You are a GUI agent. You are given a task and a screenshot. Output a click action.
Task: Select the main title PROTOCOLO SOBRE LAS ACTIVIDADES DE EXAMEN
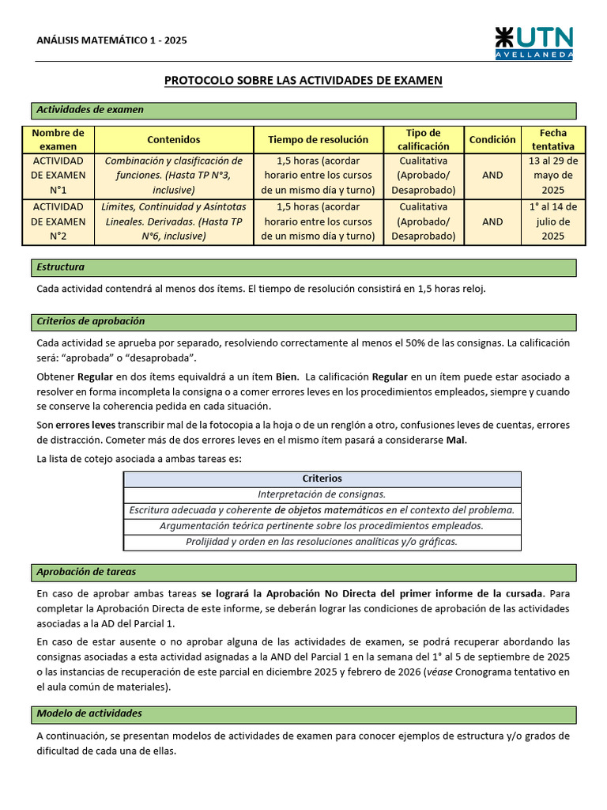(303, 81)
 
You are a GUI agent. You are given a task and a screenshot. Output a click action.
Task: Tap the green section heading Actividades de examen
(90, 110)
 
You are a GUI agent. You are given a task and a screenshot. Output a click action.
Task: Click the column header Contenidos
(173, 140)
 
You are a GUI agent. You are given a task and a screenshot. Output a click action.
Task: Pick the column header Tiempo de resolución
(318, 140)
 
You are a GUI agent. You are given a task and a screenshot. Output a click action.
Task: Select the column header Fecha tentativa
(553, 140)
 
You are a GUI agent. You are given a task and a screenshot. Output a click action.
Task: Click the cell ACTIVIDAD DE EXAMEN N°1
(58, 176)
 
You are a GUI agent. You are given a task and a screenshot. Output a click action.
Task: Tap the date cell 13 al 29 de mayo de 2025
(553, 176)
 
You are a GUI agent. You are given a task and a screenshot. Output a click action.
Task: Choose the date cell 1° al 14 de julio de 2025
(553, 221)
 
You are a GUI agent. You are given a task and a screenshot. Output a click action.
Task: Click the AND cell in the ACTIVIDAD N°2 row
(492, 221)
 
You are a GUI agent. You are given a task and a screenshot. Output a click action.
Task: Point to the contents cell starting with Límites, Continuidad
(173, 221)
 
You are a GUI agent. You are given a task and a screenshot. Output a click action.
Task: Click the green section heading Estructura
(61, 267)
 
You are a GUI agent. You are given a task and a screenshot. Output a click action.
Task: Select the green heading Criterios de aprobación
(91, 321)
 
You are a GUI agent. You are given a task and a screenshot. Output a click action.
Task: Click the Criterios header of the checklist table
(322, 479)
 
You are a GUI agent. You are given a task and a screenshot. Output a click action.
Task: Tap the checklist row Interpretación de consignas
(322, 494)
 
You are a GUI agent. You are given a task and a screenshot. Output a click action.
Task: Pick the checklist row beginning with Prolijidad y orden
(322, 542)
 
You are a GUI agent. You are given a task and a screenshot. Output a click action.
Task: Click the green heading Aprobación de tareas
(86, 572)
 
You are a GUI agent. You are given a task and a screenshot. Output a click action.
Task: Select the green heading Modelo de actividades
(89, 713)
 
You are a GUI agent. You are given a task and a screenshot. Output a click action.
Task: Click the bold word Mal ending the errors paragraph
(456, 440)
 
